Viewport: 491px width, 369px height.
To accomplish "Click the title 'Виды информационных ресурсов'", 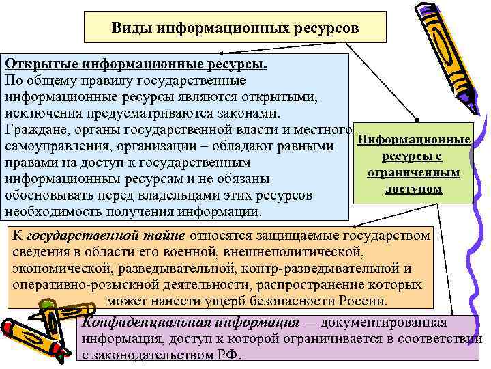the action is (x=235, y=29).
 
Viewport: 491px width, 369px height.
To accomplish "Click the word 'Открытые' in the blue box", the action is (x=42, y=64).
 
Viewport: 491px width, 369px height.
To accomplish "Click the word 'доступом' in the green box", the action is (x=413, y=188).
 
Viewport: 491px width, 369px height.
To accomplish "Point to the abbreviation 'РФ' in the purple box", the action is (x=229, y=356).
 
